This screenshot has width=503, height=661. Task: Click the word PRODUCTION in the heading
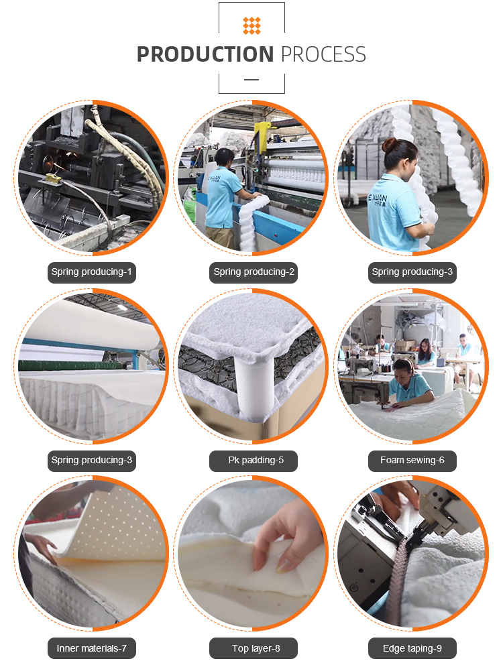[x=205, y=54]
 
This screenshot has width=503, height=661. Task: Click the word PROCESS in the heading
[x=323, y=54]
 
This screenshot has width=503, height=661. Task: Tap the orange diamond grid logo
[x=251, y=25]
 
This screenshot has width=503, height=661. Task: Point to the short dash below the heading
[x=251, y=79]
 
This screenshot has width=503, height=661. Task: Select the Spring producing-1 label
[x=92, y=272]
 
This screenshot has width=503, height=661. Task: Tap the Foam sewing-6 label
[x=412, y=461]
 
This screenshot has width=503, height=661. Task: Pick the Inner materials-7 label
[x=92, y=648]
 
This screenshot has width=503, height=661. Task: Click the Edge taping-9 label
[x=412, y=648]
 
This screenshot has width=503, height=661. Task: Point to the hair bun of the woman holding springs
[x=390, y=145]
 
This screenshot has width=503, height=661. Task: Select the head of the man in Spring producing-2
[x=224, y=158]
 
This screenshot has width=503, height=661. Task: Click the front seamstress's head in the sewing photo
[x=402, y=368]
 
